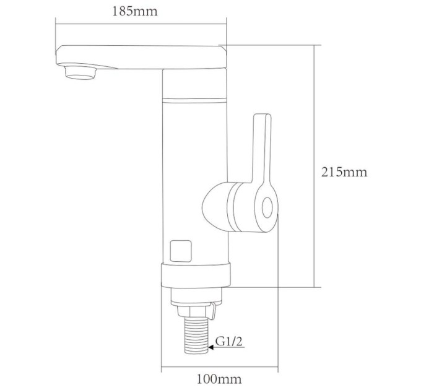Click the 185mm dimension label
pos(134,12)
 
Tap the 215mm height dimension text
pos(344,171)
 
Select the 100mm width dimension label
pos(219,379)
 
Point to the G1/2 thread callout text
pos(229,342)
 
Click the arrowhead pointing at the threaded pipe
pos(211,347)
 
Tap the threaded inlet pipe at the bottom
pos(196,336)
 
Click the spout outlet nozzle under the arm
pos(80,73)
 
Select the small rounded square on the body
pos(181,251)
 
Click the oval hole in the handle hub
pos(267,208)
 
